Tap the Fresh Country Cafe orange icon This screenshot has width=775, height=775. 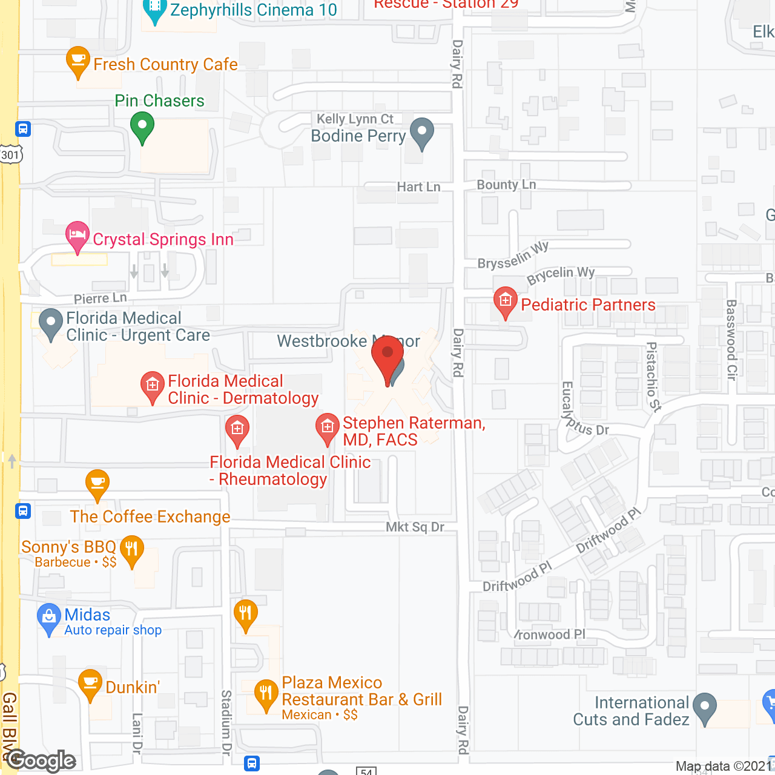point(77,61)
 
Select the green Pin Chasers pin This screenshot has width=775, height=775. point(142,127)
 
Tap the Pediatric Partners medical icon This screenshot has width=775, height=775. point(505,301)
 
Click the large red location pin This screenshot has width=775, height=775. point(387,357)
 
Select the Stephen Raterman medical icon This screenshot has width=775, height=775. point(328,427)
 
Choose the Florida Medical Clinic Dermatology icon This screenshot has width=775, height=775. point(153,385)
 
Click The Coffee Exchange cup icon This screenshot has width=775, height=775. point(97,483)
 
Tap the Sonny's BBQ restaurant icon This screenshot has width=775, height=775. point(131,550)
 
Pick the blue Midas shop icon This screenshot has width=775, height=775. point(49,618)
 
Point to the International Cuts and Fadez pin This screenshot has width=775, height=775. point(705,707)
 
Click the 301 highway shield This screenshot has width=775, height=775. point(10,155)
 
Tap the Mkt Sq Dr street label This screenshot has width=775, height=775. point(415,527)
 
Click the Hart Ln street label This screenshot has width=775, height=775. point(418,187)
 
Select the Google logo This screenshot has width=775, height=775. point(41,760)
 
